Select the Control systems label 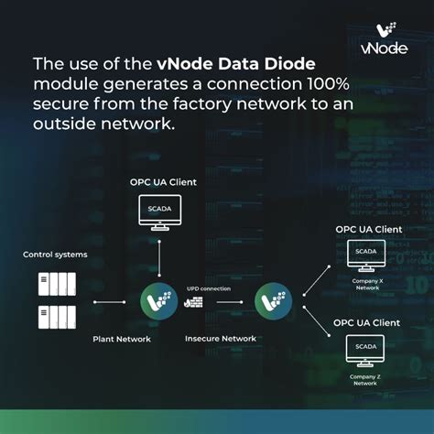point(55,255)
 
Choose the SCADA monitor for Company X point(366,253)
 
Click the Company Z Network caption point(366,378)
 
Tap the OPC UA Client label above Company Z point(367,322)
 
